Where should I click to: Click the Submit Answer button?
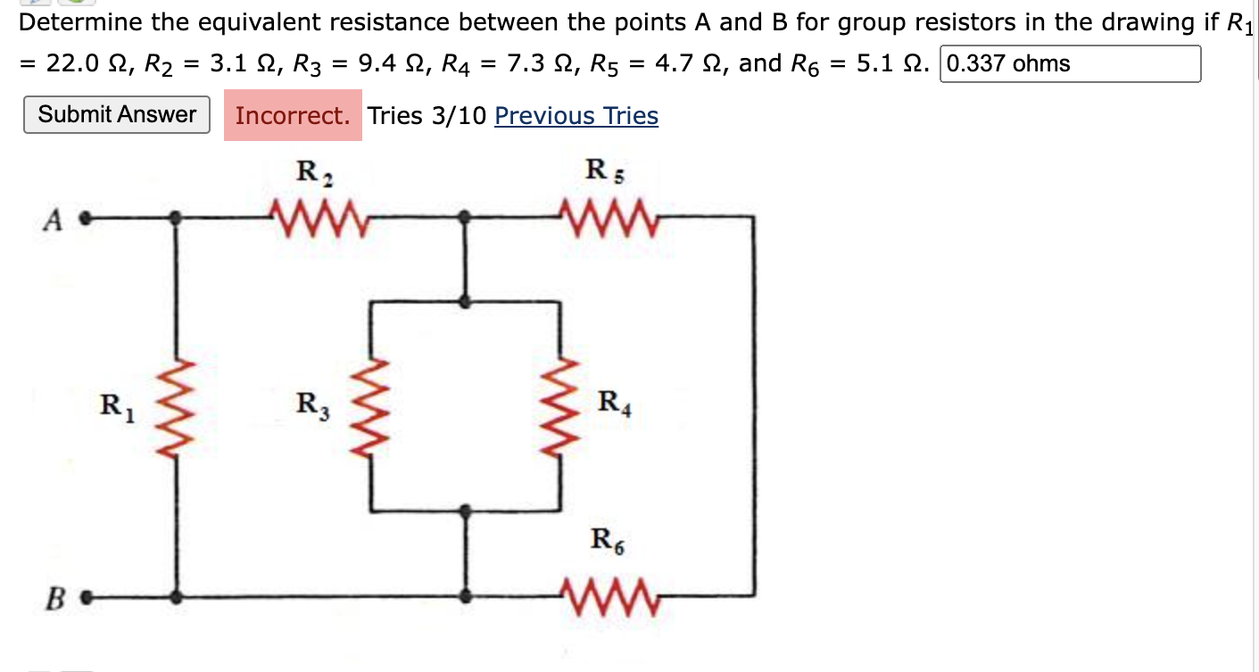pos(117,114)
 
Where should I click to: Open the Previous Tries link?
pos(576,116)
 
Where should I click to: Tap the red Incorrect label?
pos(293,116)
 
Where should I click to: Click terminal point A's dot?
pos(85,217)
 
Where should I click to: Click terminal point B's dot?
pos(87,595)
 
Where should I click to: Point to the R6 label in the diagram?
pos(608,540)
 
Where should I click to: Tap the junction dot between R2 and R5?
pos(465,217)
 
